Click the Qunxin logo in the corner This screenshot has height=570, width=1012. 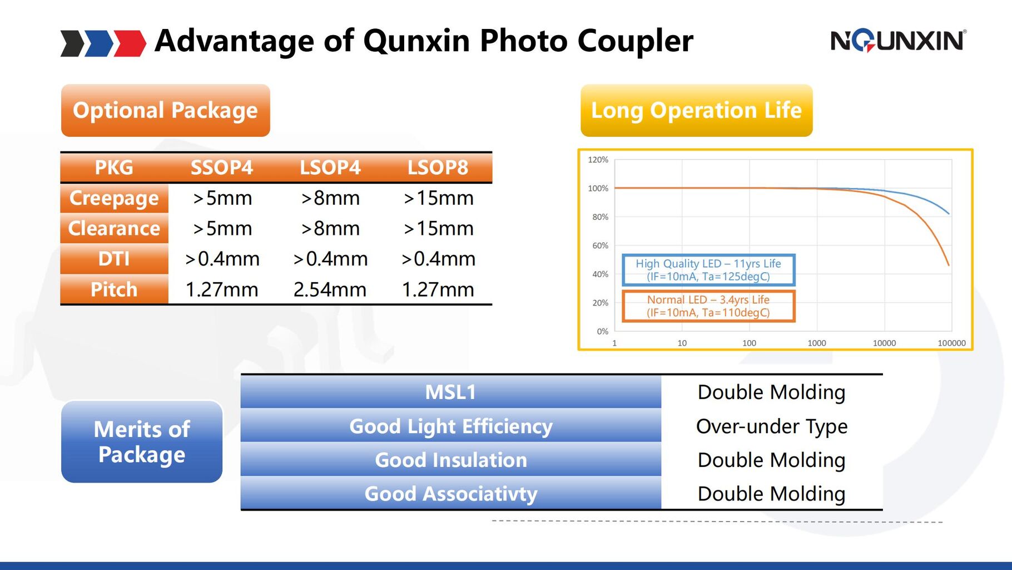tap(898, 41)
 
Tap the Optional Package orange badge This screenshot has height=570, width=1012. tap(166, 110)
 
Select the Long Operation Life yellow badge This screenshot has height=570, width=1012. tap(696, 110)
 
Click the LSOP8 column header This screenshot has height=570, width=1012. tap(438, 168)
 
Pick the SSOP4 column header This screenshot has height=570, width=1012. tap(222, 168)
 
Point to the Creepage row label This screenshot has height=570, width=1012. tap(114, 198)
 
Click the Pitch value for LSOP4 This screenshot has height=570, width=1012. tap(330, 289)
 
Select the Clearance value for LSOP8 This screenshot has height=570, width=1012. tap(438, 229)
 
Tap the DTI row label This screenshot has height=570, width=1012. tap(114, 259)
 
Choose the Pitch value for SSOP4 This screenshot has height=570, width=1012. tap(222, 289)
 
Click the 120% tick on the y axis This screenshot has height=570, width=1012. tap(598, 160)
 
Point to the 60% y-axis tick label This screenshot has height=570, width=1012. tap(600, 245)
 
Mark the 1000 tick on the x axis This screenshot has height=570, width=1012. tap(817, 343)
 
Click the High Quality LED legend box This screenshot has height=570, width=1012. tap(708, 270)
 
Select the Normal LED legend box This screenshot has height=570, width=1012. tap(708, 306)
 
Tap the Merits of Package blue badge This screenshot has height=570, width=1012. tap(142, 441)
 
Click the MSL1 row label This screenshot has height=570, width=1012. tap(451, 392)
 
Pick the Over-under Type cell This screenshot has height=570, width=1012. tap(772, 426)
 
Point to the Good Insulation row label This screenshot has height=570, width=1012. tap(451, 460)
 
